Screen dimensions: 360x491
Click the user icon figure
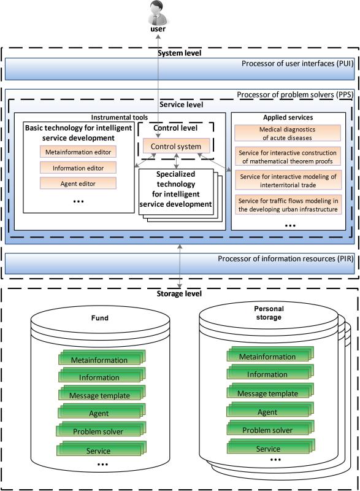[x=158, y=12]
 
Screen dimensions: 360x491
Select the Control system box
[x=176, y=146]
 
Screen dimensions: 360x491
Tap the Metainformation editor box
[x=78, y=152]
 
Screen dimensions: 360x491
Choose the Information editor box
[x=78, y=168]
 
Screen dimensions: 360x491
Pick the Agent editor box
[x=78, y=184]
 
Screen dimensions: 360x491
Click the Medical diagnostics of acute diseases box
[x=288, y=133]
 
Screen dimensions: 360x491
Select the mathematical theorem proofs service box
[x=288, y=157]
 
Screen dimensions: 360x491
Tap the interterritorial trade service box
[x=288, y=180]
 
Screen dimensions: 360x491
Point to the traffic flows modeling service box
[x=288, y=204]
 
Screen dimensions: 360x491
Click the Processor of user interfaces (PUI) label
[x=297, y=64]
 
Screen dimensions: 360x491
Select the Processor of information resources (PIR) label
[x=285, y=258]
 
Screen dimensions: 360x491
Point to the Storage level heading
[x=179, y=294]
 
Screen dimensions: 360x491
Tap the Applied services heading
[x=288, y=117]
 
